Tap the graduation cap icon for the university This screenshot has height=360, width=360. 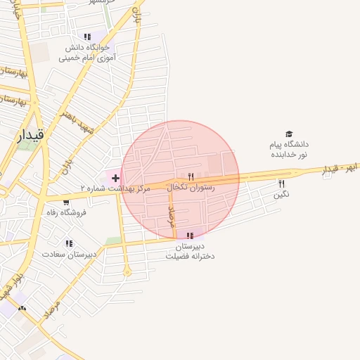coord(288,134)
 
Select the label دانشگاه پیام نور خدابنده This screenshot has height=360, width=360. coord(288,149)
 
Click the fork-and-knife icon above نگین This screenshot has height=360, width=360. coord(282,184)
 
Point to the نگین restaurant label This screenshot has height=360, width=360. coord(282,194)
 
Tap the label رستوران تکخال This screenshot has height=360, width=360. coord(191,188)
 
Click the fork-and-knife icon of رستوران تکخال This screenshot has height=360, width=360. coord(191,176)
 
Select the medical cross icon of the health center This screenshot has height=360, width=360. coord(115,179)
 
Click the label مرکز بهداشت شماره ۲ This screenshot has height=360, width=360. coord(115,189)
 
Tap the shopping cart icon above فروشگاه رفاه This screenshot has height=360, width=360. coord(66,202)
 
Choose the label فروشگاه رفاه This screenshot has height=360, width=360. coord(66,212)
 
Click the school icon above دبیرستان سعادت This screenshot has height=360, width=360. coord(69,243)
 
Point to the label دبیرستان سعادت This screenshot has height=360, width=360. coord(69,254)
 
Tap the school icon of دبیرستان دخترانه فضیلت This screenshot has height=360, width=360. coord(190,236)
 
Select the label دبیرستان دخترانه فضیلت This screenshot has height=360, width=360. coord(190,251)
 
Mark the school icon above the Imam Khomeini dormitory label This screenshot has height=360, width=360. coord(87,37)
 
